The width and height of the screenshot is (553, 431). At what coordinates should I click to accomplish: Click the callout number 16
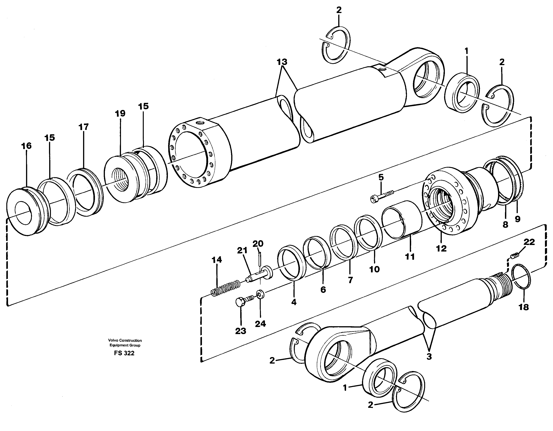(26, 146)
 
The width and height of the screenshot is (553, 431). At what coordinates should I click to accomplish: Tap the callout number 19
(120, 114)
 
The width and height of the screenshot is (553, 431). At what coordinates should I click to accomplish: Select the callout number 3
(429, 357)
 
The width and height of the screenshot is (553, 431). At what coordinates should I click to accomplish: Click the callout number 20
(258, 244)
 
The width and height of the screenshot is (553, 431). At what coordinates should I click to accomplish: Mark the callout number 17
(84, 127)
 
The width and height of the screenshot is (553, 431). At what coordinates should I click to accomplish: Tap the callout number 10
(374, 269)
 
